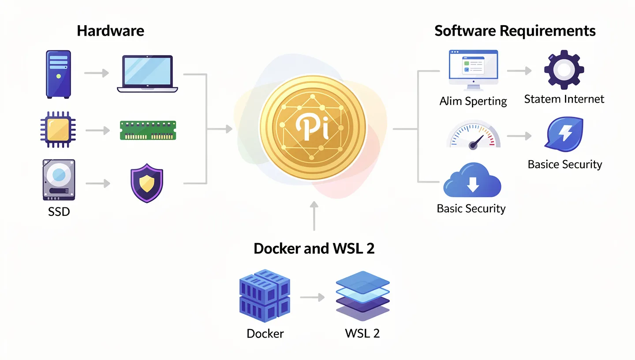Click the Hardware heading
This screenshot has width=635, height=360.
[110, 31]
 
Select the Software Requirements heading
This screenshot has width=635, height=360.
[515, 31]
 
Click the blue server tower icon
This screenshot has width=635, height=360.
[58, 74]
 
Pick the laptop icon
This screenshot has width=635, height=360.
[147, 74]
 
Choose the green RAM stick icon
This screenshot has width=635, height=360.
[148, 130]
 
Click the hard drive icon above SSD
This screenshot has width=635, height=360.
[59, 180]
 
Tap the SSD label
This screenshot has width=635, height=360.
[59, 212]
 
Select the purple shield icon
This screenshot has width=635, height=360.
[147, 183]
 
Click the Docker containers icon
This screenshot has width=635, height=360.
[265, 296]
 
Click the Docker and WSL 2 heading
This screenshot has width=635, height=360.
[314, 248]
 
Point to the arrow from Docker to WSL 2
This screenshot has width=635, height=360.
[312, 298]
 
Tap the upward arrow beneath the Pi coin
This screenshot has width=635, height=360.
[314, 216]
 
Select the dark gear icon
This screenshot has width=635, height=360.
[564, 70]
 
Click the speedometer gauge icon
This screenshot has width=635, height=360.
[473, 135]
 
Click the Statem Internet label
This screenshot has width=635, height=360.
[564, 99]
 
